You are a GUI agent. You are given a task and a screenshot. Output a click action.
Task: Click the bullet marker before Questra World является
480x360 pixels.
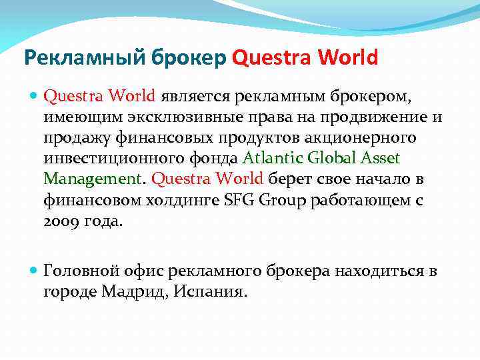pos(35,96)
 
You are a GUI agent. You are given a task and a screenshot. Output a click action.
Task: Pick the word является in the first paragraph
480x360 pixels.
pos(193,97)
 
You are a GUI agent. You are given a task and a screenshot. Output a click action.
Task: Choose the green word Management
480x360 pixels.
pos(92,179)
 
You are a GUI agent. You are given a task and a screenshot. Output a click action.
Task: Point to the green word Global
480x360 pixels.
pos(335,159)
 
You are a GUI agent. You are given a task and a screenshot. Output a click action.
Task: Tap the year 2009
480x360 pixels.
pos(61,221)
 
